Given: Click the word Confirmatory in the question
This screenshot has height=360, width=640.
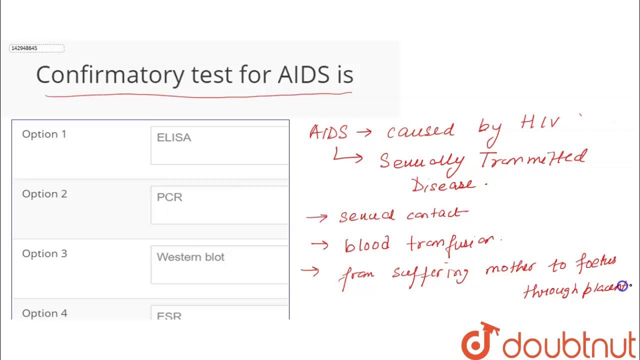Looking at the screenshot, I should (x=110, y=75).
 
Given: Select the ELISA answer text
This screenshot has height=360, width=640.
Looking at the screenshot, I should (x=174, y=137).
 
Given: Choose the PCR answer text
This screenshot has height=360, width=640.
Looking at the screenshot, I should (x=169, y=197).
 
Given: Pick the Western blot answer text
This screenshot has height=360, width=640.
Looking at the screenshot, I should (x=190, y=257).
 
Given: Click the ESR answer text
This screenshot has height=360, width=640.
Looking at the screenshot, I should (x=169, y=316).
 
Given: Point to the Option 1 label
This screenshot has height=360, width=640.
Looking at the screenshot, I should (x=44, y=134).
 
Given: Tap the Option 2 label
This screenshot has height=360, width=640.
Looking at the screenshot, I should (x=44, y=194).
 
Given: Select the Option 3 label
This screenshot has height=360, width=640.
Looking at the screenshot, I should (x=44, y=253).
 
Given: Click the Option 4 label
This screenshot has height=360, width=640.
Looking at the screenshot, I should (x=44, y=313).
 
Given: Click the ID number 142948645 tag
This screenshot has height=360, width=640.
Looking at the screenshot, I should (x=36, y=48).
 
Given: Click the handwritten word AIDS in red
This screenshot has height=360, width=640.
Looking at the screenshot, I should (x=328, y=132).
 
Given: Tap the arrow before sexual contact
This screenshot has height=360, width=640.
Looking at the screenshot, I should (x=317, y=217).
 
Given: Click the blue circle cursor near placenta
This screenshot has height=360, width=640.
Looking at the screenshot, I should (x=622, y=286).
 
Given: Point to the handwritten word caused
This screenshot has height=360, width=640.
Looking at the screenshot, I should (x=420, y=131).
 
